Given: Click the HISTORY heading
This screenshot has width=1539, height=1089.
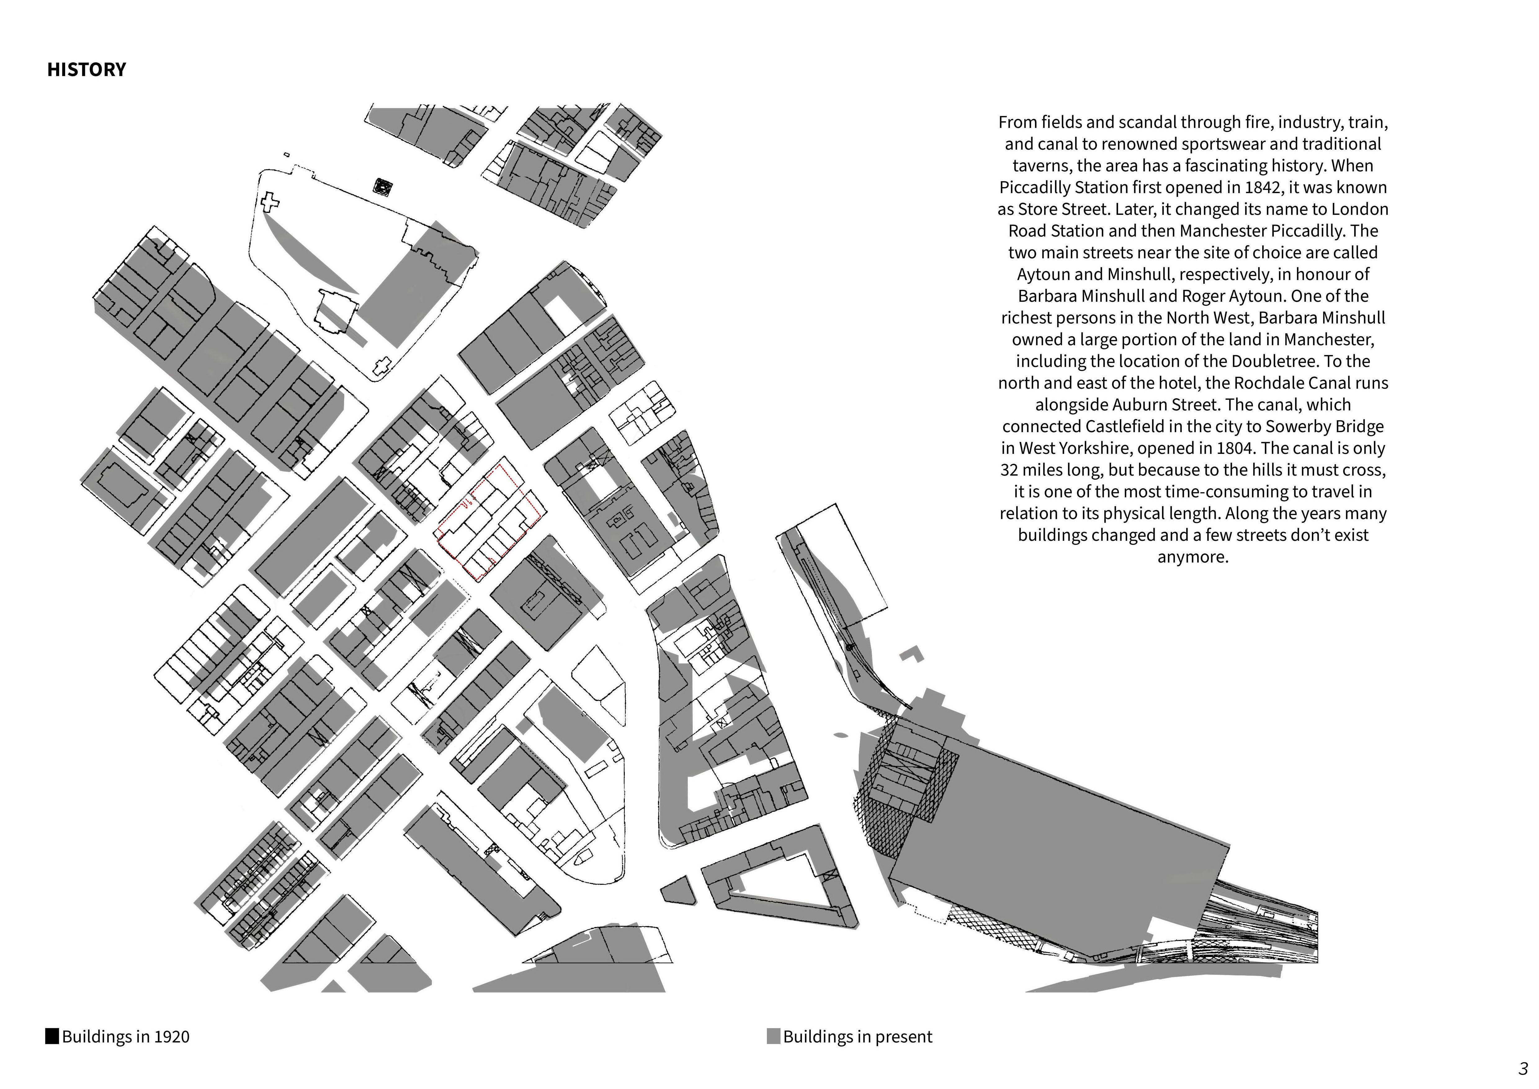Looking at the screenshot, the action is (87, 70).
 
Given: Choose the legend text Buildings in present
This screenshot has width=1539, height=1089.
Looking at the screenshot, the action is (857, 1037).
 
